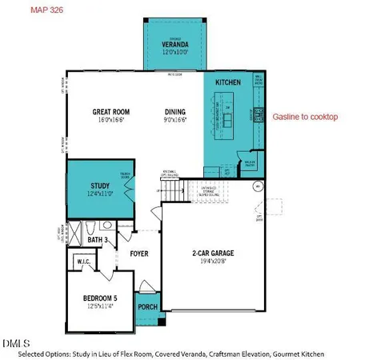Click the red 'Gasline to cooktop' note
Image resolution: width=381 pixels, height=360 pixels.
click(x=305, y=117)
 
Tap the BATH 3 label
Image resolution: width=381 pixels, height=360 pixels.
click(x=98, y=239)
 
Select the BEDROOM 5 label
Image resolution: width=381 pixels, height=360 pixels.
click(x=102, y=298)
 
